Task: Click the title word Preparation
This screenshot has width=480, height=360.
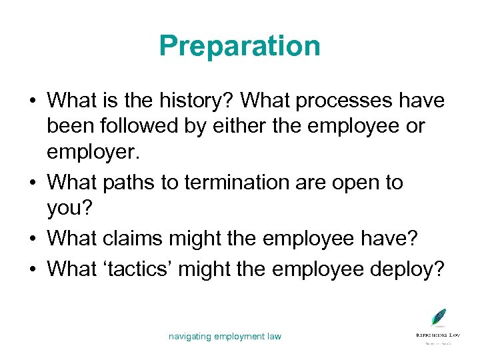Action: tap(239, 47)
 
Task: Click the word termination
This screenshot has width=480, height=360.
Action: tap(253, 182)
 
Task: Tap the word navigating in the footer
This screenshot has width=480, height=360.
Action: tap(190, 337)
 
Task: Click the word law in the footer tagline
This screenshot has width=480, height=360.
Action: tap(274, 337)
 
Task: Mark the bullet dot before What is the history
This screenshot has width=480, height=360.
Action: tap(32, 101)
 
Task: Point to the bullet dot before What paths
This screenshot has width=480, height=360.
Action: tap(32, 183)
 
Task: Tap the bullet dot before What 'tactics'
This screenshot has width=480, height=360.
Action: tap(32, 269)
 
